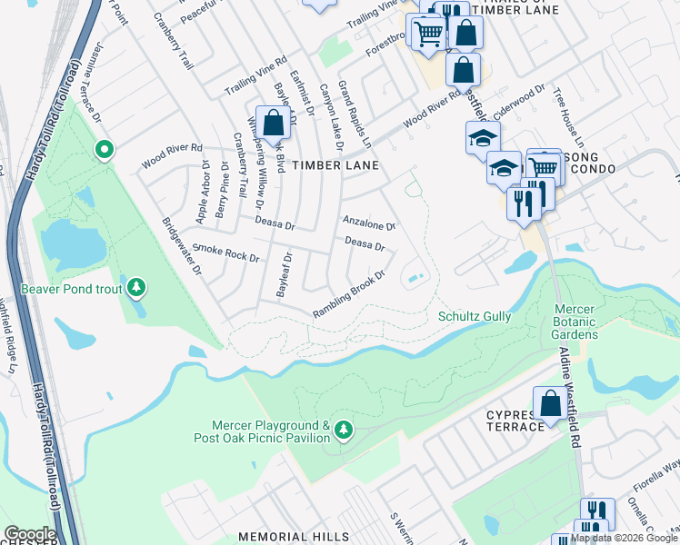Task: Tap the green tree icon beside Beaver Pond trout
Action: [136, 289]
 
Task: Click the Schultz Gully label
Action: [475, 316]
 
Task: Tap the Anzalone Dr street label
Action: [368, 223]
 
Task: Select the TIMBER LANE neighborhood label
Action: [342, 165]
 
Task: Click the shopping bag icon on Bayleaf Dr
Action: [273, 123]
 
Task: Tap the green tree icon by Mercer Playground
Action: [343, 429]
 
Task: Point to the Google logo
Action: [29, 534]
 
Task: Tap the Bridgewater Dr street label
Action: [182, 247]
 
